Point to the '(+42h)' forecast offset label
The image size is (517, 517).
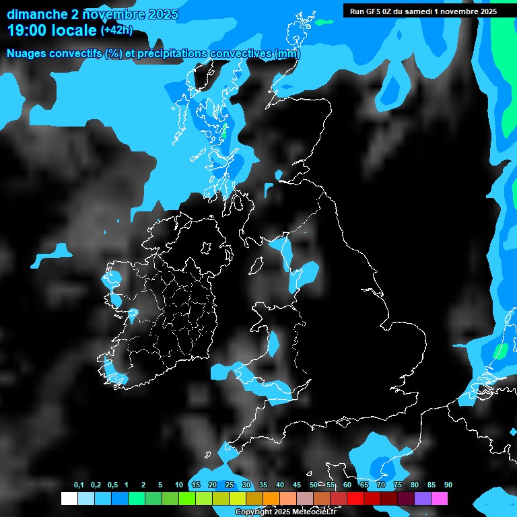point(116,30)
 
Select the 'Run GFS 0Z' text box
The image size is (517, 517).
point(423,11)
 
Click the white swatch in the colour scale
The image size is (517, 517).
point(69,499)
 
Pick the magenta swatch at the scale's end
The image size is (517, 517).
point(440,499)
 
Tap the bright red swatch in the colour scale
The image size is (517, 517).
point(355,499)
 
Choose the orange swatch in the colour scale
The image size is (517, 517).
point(271,499)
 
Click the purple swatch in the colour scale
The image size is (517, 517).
point(423,499)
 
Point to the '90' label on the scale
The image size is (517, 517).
point(448,485)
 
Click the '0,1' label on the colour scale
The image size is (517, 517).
point(79,485)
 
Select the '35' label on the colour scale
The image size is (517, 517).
point(263,485)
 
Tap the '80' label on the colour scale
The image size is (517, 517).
point(415,485)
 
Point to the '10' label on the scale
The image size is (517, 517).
point(179,485)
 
